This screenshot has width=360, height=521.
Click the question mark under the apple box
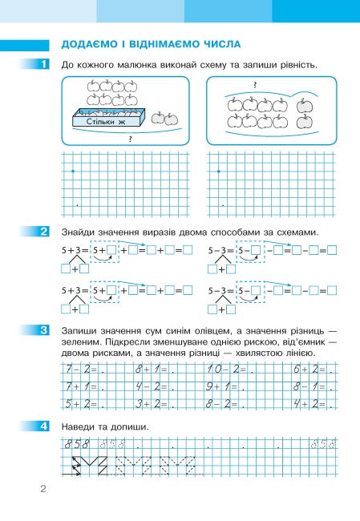pos(130,138)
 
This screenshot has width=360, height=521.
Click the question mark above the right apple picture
pos(254,85)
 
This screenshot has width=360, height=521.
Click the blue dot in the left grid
pos(73,172)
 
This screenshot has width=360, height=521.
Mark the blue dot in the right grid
pos(218,172)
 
